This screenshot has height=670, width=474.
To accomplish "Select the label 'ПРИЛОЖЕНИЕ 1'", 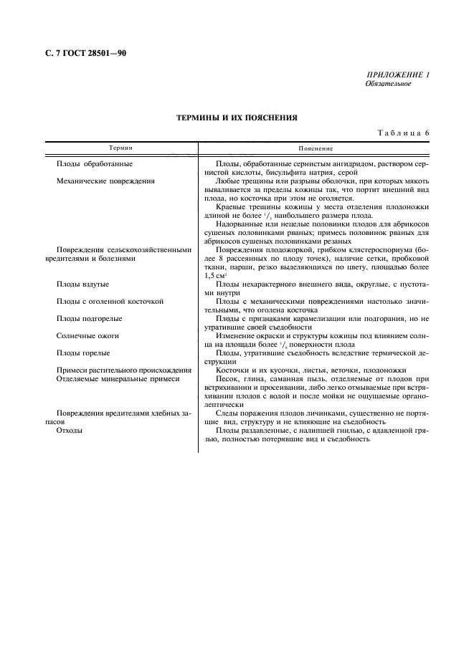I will tap(397, 75).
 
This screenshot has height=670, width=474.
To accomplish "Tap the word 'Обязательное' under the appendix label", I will tap(387, 84).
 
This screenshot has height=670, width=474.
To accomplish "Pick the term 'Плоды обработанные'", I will tap(94, 164).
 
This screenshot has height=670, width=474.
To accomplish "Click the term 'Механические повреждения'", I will tap(105, 181).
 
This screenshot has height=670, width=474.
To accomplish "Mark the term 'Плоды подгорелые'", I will tap(89, 318).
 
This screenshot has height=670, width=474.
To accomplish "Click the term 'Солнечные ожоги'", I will tap(87, 335).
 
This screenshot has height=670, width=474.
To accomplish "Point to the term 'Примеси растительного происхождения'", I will tap(123, 370).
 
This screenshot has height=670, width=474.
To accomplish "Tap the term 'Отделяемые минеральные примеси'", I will tap(118, 378).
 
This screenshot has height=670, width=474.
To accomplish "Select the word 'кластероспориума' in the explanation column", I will tap(366, 250).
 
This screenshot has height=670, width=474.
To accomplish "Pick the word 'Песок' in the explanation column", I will tap(227, 378).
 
